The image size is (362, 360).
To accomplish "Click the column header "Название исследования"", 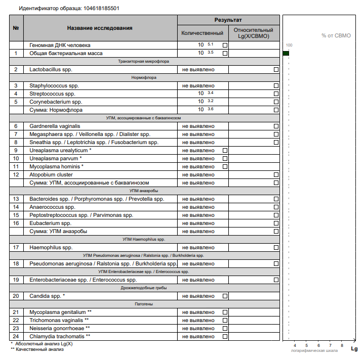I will [x=100, y=28].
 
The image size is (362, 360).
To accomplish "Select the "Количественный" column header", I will [x=203, y=33].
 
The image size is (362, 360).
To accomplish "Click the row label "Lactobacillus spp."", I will [x=51, y=69].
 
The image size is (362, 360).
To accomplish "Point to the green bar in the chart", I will [x=286, y=53].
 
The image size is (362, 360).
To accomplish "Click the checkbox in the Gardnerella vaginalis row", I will [x=276, y=126].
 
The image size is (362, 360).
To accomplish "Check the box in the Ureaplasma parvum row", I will [x=225, y=159].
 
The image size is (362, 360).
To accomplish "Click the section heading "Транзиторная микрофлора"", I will [x=144, y=61].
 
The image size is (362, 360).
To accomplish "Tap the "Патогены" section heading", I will [x=144, y=304].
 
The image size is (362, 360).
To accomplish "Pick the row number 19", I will [x=16, y=280].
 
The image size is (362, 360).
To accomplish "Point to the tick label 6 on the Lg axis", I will [x=318, y=345].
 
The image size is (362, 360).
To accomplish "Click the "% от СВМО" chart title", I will [x=336, y=36].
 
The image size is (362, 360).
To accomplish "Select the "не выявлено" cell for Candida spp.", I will [x=198, y=296].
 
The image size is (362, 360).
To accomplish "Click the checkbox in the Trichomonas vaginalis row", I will [x=225, y=321].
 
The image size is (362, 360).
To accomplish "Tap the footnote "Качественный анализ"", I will [x=39, y=349].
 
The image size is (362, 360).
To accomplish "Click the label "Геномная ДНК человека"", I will [x=60, y=45].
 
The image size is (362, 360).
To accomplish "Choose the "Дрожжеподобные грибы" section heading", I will [x=144, y=288].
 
